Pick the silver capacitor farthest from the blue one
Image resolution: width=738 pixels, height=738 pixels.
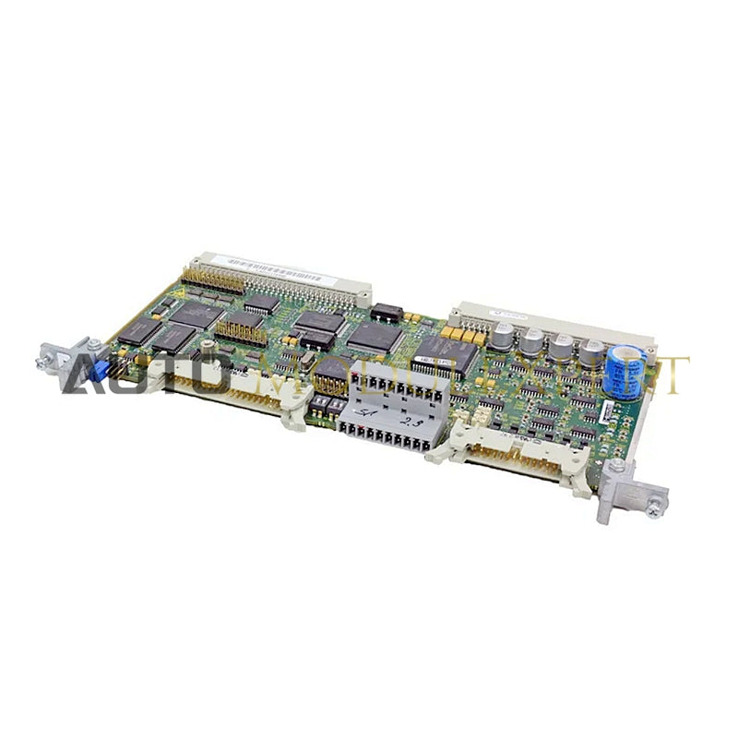[x=506, y=331]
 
